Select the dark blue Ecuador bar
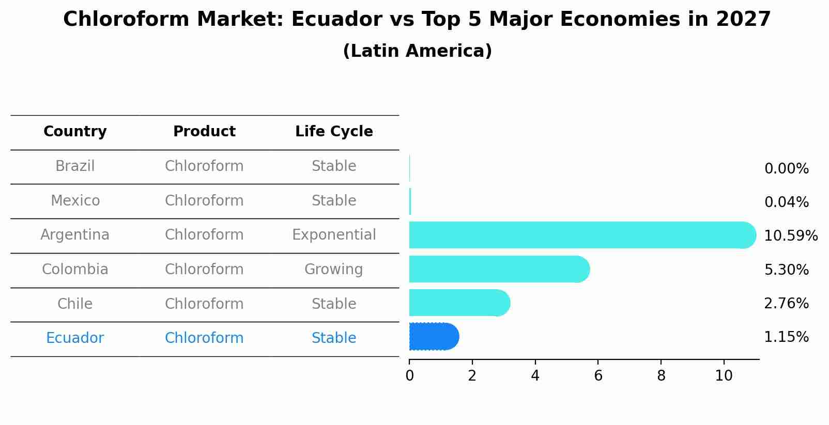coord(434,337)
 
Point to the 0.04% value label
coord(786,202)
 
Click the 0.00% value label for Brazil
coord(786,169)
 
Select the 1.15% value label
coord(786,337)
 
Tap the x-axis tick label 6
coord(598,376)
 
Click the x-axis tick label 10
coord(724,376)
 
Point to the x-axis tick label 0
coord(409,376)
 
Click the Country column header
coord(75,132)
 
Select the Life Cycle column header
coord(334,132)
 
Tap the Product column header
coord(204,132)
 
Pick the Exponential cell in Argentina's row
coord(334,235)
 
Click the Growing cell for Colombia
coord(334,270)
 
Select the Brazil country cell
coord(75,166)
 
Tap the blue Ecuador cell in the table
coord(75,338)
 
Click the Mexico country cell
coord(75,201)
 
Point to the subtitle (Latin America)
coord(417,51)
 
